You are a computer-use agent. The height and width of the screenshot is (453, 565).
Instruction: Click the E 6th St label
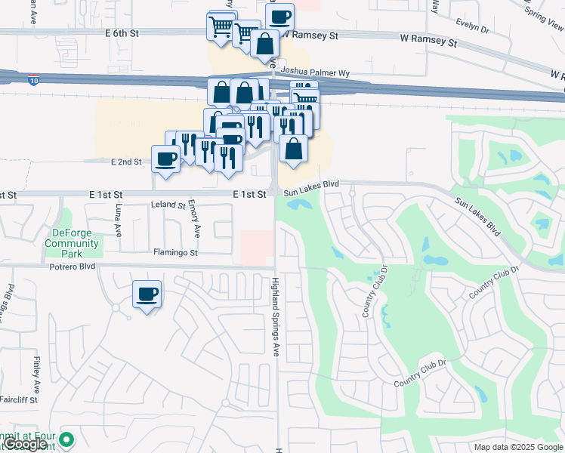[x=123, y=34]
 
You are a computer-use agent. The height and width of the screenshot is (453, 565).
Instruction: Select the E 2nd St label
[x=126, y=162]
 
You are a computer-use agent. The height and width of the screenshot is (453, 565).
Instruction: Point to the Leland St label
[x=168, y=205]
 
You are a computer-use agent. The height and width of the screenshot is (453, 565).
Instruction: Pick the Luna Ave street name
[x=119, y=220]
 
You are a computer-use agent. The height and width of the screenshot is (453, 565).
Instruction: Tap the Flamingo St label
[x=174, y=253]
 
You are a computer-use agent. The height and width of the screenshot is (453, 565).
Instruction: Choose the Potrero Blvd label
[x=73, y=267]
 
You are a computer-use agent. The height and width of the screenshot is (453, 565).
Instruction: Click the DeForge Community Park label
[x=72, y=238]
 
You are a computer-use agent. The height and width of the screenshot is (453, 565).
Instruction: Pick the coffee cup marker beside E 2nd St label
[x=165, y=159]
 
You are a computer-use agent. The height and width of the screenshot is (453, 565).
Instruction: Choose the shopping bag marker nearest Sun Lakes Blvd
[x=293, y=149]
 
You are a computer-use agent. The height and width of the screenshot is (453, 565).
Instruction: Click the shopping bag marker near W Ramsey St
[x=265, y=45]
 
